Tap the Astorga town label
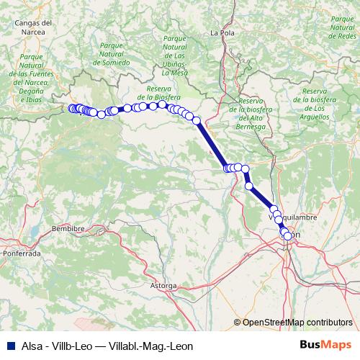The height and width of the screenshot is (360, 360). (x=163, y=286)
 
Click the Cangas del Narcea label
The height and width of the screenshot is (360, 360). (x=34, y=27)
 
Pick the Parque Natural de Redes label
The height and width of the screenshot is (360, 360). (x=341, y=30)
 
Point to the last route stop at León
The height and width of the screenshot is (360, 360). (x=288, y=235)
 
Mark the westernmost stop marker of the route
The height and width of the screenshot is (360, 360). (x=71, y=108)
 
